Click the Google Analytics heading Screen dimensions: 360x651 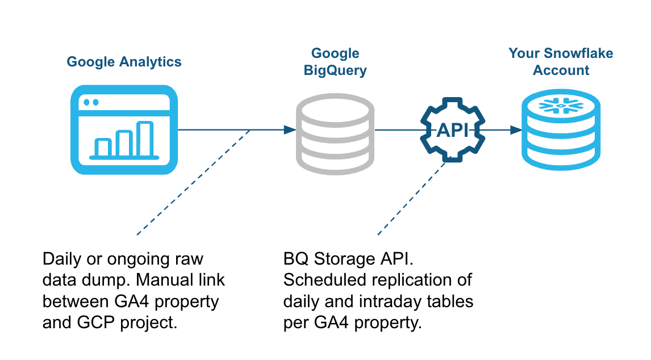point(124,62)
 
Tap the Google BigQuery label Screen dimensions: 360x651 point(335,62)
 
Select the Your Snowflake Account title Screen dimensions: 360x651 point(561,62)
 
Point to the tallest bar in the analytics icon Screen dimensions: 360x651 point(145,139)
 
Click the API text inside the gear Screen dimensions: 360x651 point(453,131)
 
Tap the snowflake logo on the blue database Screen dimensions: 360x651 point(561,106)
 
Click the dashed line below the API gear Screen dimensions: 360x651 point(412,199)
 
